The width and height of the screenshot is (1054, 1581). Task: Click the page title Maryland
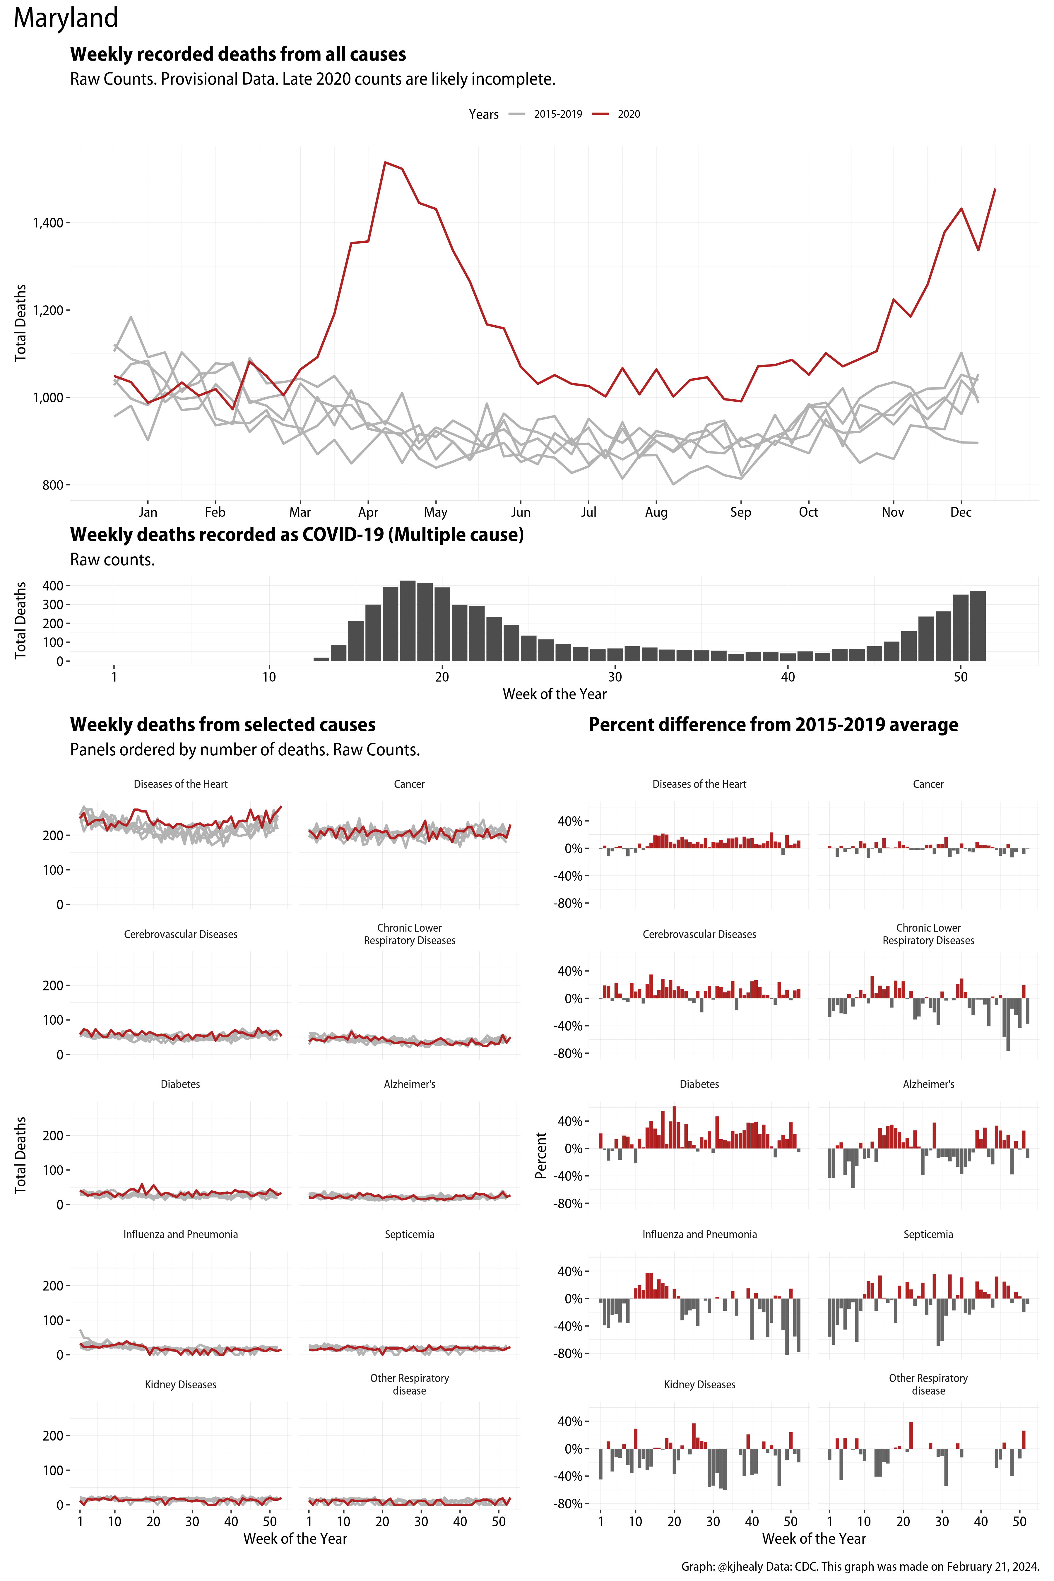coord(66,18)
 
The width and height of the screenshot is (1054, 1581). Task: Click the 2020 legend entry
coord(629,114)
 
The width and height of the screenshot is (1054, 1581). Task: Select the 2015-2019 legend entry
coord(557,114)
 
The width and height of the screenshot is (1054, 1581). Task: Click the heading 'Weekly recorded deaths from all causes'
coord(238,54)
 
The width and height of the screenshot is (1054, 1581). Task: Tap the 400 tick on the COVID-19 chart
coord(52,586)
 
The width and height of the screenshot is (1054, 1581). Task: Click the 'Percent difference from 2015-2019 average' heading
coord(773,725)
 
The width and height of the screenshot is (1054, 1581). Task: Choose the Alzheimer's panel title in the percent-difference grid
coord(928,1084)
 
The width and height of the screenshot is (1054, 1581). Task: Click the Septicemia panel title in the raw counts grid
coord(409,1234)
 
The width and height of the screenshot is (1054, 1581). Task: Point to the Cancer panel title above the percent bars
coord(928,784)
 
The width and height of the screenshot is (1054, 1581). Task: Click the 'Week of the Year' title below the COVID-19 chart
coord(555,694)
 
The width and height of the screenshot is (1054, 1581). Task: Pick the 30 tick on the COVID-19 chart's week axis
coord(615,677)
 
